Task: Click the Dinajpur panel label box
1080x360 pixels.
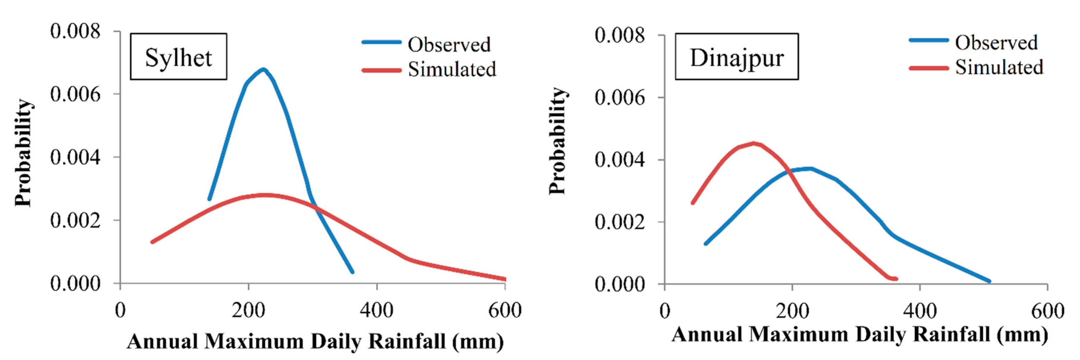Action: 736,57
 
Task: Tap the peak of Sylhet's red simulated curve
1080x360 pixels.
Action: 264,195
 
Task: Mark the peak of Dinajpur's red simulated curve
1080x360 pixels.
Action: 754,143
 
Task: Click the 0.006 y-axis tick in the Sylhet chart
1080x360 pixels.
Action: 75,94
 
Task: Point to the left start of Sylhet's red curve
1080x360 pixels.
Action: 152,242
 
